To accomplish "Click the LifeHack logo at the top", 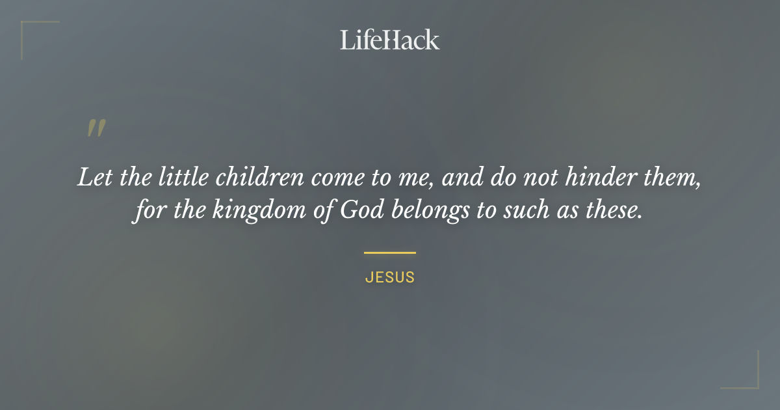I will point(389,40).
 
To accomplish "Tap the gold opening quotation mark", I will point(96,128).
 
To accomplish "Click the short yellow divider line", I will point(390,253).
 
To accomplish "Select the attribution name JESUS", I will point(390,277).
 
